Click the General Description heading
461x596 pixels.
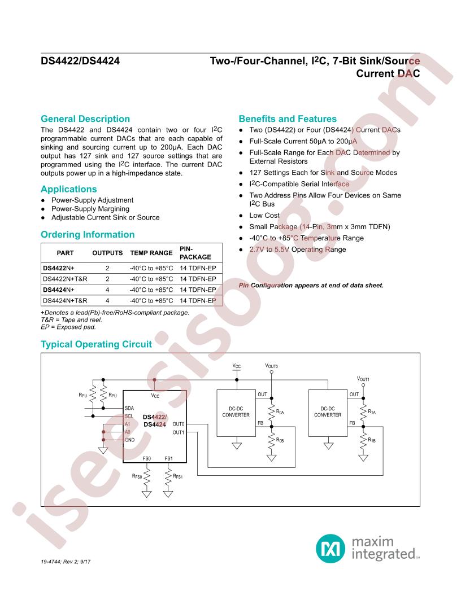(x=85, y=119)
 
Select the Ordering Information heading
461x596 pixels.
(x=88, y=234)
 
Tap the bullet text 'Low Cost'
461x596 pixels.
(x=264, y=216)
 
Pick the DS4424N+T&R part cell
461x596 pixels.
(x=65, y=301)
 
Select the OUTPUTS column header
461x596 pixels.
(x=107, y=253)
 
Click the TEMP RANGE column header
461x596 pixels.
(x=151, y=253)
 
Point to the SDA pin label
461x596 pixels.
(x=129, y=407)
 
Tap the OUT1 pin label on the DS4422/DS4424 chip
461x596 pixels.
(x=179, y=432)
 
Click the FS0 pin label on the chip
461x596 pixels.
(x=147, y=458)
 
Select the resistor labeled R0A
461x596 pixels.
(x=272, y=412)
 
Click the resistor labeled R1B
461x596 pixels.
(x=364, y=440)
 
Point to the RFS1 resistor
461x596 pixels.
(x=168, y=476)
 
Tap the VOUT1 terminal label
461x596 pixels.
(x=363, y=379)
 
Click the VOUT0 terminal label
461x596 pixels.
(x=272, y=366)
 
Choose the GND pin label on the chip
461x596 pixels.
(x=130, y=440)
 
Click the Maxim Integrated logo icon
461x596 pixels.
(x=328, y=546)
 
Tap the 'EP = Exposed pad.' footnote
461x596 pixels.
(x=68, y=326)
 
